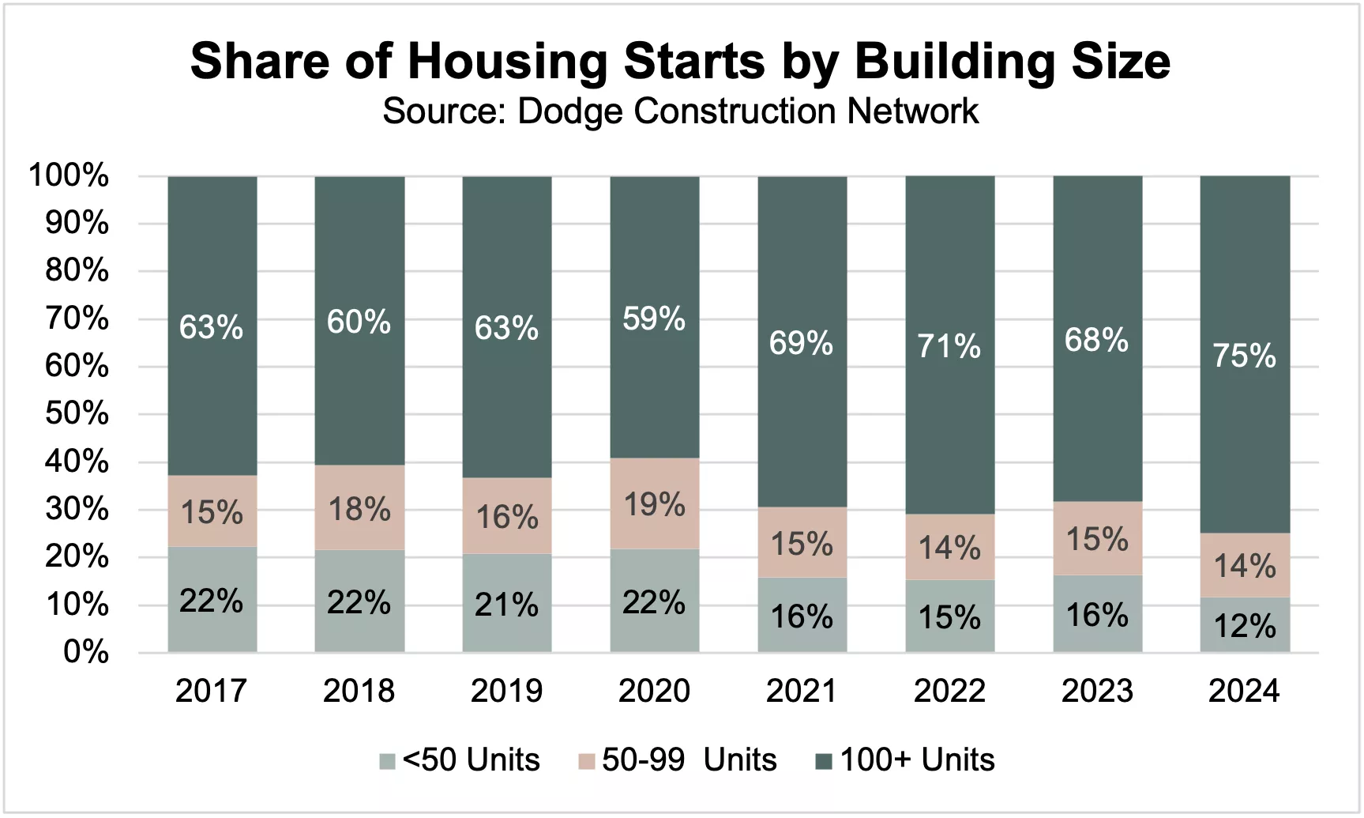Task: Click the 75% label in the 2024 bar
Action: pos(1245,356)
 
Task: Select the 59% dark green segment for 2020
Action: pos(655,317)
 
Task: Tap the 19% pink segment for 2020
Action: pos(655,503)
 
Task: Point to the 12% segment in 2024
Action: pos(1245,624)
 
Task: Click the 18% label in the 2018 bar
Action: pos(359,509)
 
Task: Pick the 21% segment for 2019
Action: pos(507,603)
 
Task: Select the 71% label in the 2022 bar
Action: pos(949,346)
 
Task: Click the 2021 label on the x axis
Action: pos(802,691)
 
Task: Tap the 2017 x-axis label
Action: pos(211,691)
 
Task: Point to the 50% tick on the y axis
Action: pos(77,413)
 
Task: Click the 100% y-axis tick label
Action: pos(69,175)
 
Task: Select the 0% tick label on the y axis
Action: pos(86,652)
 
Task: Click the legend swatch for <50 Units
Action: pos(387,761)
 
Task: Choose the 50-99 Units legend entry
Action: pos(678,760)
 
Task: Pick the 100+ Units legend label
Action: pos(917,760)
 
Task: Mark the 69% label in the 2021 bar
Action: pos(802,343)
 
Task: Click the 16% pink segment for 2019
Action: pos(507,515)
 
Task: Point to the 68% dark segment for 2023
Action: pos(1098,338)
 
